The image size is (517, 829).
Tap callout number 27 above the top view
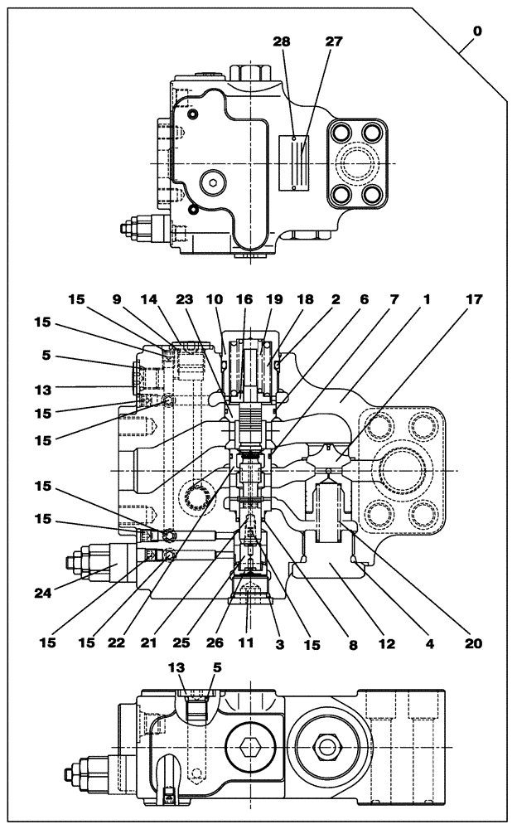(334, 42)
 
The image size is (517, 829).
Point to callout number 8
(352, 642)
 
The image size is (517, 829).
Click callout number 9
(117, 299)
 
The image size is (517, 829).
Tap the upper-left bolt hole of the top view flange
(341, 133)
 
